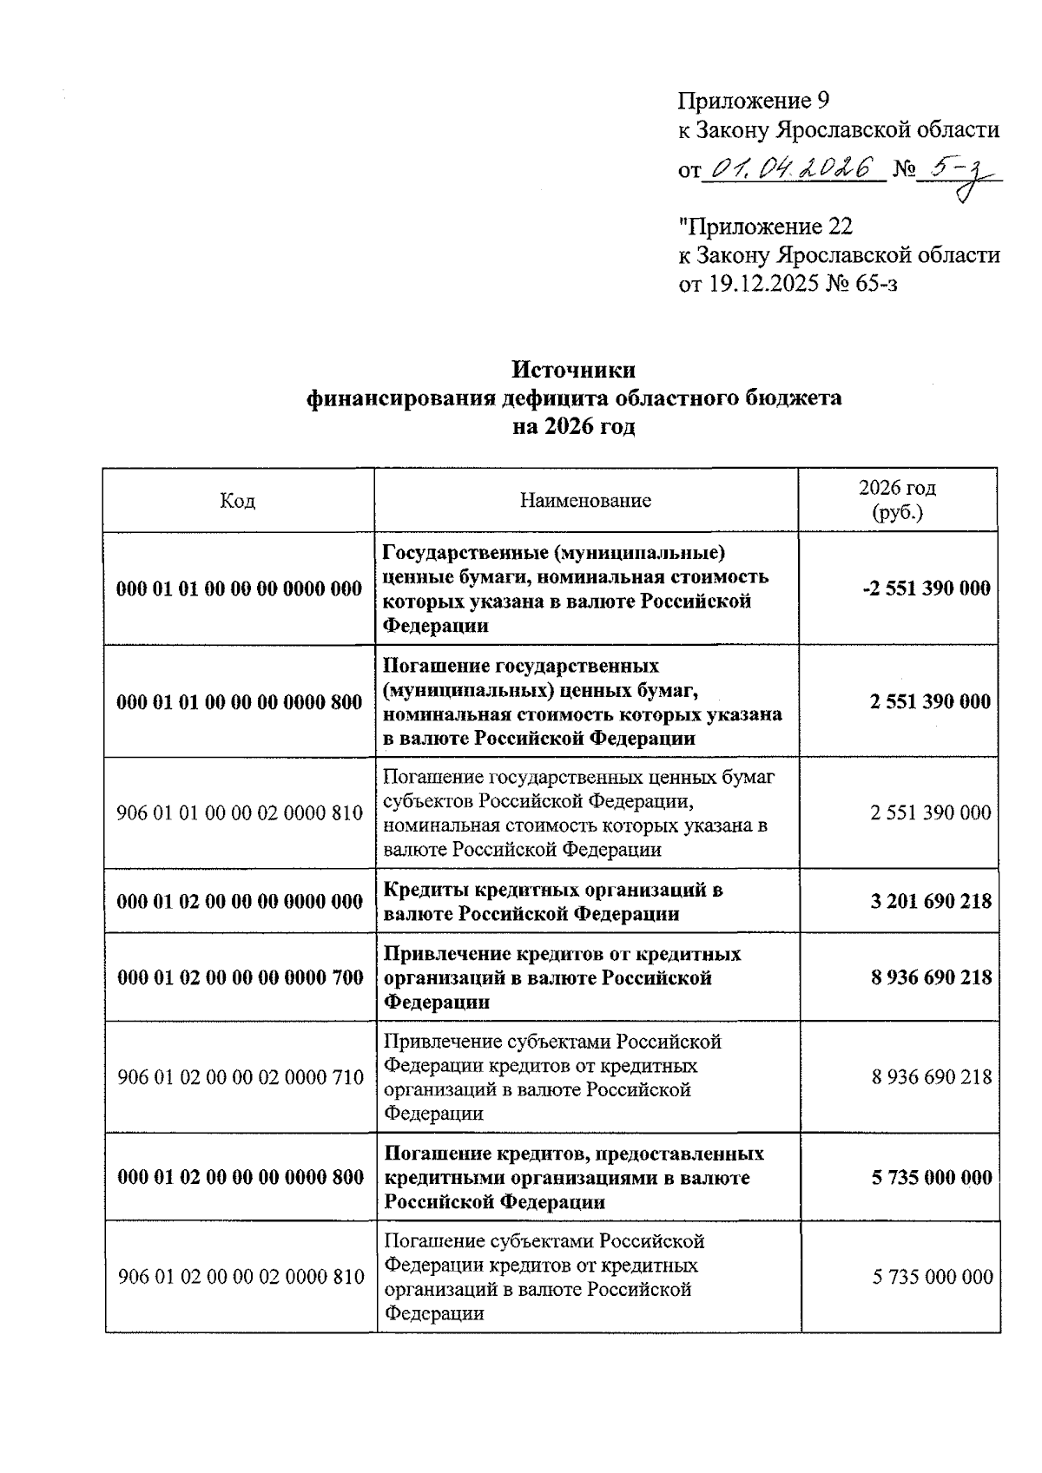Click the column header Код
(237, 501)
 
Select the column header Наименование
(585, 501)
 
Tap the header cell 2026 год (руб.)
(897, 500)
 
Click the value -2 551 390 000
(926, 589)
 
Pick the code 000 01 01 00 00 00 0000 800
(239, 701)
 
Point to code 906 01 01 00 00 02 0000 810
(239, 813)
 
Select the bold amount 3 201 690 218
(931, 901)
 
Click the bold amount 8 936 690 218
(931, 977)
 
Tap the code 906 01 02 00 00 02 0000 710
(240, 1077)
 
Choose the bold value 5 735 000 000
(932, 1178)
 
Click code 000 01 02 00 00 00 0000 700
(240, 977)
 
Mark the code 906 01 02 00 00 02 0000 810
(241, 1277)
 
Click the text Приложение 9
(754, 102)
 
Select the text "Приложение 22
(765, 227)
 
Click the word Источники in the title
(573, 370)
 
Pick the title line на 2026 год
(573, 427)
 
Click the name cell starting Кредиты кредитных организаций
(553, 901)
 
